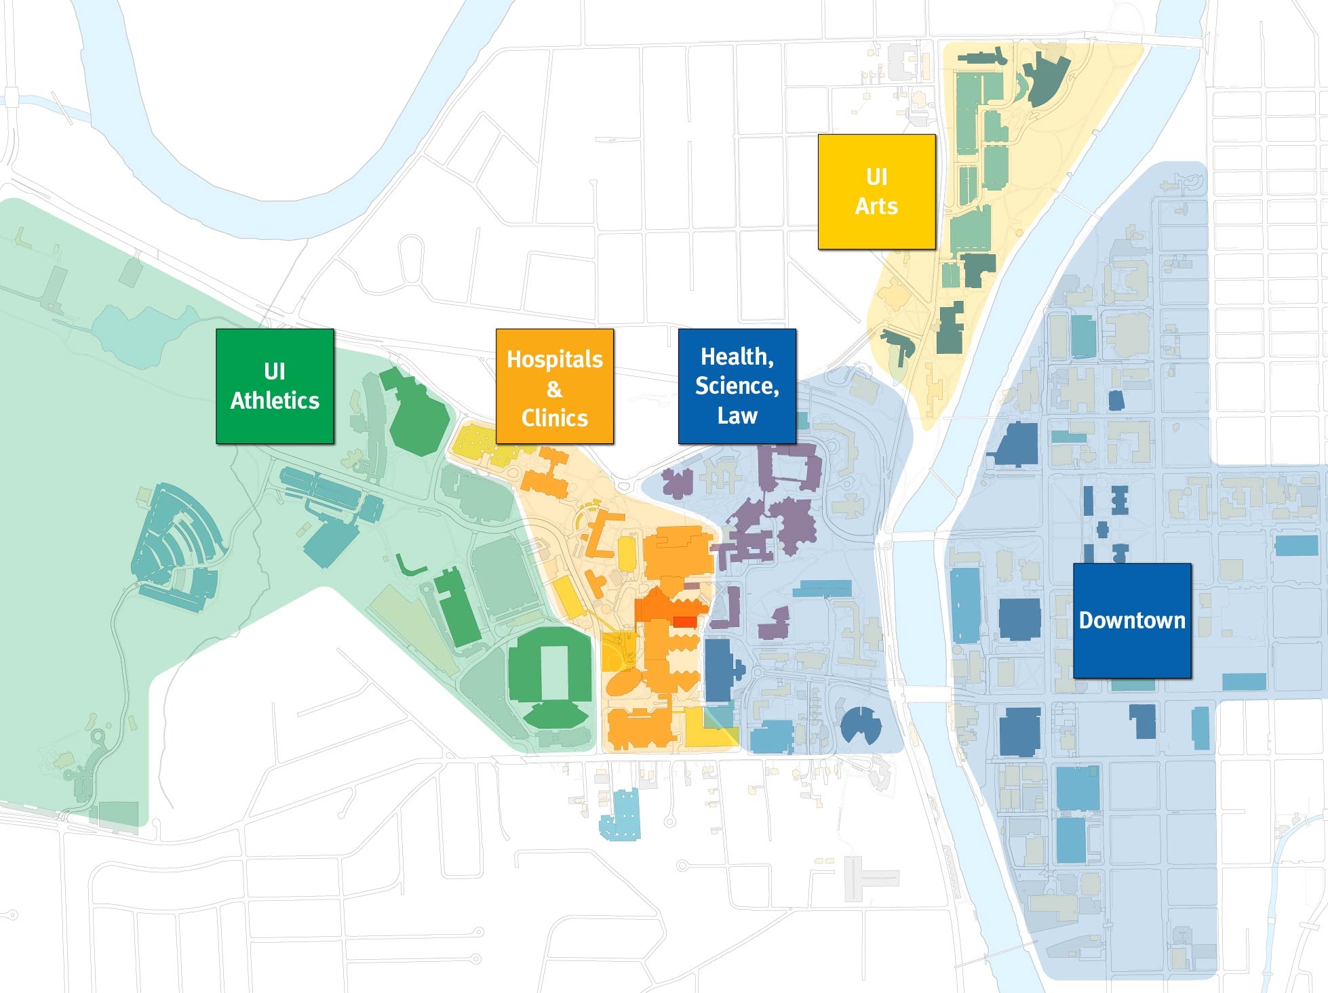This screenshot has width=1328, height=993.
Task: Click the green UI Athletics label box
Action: (275, 386)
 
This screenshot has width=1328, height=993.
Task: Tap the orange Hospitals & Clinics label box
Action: (555, 386)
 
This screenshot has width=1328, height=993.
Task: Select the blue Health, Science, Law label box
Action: (737, 386)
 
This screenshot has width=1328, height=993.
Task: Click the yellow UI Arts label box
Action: (876, 192)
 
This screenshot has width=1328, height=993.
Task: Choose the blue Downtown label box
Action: (1132, 620)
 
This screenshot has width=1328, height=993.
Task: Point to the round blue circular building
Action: (861, 725)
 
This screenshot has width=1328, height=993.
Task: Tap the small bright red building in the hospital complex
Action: (684, 622)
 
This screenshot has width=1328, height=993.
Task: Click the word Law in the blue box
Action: (737, 416)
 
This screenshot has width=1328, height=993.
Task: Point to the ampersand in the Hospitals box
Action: (555, 388)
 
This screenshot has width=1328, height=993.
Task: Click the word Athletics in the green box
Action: (275, 401)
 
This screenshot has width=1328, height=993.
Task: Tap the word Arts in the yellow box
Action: (876, 206)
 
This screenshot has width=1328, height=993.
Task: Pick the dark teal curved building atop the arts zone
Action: (1047, 78)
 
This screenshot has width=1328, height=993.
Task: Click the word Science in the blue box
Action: (737, 386)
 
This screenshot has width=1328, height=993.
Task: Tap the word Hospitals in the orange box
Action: (555, 359)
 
